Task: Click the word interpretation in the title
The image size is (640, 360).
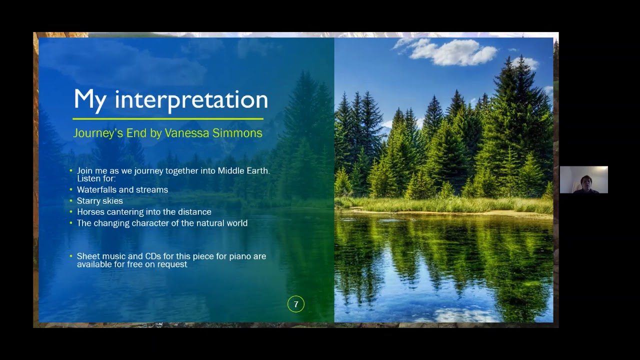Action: pyautogui.click(x=191, y=99)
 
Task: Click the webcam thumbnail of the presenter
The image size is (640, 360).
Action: pyautogui.click(x=583, y=179)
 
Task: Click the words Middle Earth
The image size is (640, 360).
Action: pyautogui.click(x=243, y=171)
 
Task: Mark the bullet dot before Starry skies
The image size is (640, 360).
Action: pyautogui.click(x=71, y=201)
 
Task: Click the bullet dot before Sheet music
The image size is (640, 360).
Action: pyautogui.click(x=71, y=256)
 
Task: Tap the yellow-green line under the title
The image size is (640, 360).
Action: pyautogui.click(x=168, y=118)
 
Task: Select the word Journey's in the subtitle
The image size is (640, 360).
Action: pyautogui.click(x=98, y=133)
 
